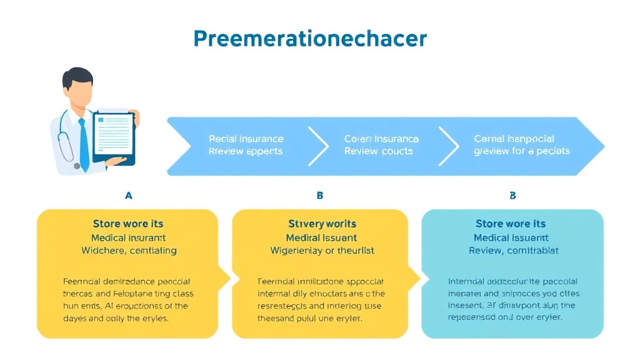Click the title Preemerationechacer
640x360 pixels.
[310, 39]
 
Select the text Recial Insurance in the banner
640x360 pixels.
[246, 139]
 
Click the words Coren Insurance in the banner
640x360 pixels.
[381, 139]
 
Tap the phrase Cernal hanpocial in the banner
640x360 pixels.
[514, 139]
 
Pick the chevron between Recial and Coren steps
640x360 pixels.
[319, 146]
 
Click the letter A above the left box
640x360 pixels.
[129, 196]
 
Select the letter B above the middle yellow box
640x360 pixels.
[320, 196]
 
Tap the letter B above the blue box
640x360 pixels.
[512, 196]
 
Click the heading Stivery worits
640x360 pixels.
[322, 224]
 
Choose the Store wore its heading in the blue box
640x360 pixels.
[511, 224]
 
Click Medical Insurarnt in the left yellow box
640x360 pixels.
[129, 237]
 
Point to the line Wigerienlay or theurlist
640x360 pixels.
[322, 251]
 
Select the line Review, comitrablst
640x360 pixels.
[514, 251]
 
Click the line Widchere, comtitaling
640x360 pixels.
[129, 251]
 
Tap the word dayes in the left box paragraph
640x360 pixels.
[77, 318]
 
